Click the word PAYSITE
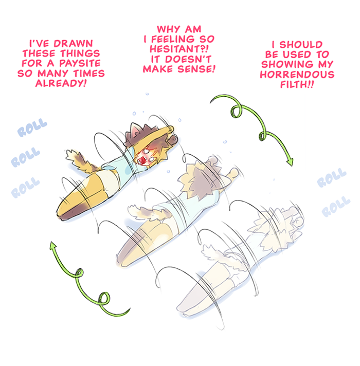(80, 63)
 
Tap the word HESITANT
(176, 49)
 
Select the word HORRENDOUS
(297, 75)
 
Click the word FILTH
(294, 84)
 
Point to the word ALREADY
(59, 83)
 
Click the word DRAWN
(73, 43)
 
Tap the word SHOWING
(287, 64)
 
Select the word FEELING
(173, 39)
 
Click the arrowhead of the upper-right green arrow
(290, 162)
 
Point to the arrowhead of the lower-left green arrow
(53, 245)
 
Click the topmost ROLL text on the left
(32, 127)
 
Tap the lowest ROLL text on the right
(336, 207)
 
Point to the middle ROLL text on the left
(25, 157)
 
